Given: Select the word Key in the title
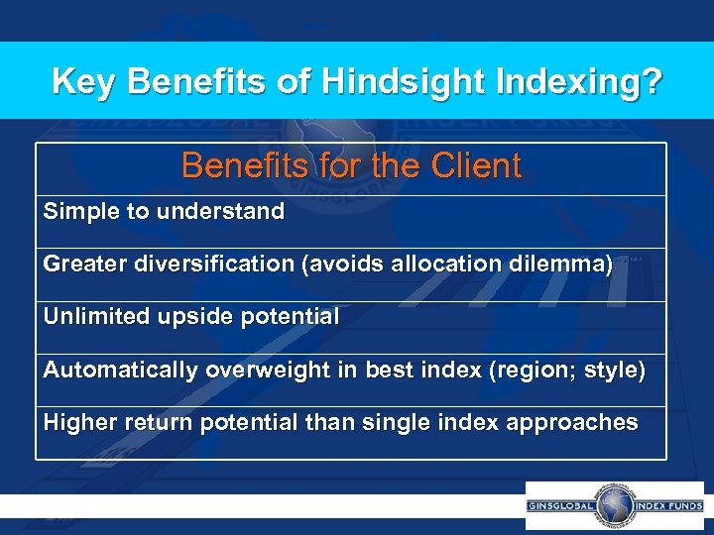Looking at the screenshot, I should [x=83, y=81].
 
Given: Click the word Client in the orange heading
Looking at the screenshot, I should [x=472, y=165].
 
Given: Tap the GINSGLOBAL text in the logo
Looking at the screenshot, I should [x=561, y=506].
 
